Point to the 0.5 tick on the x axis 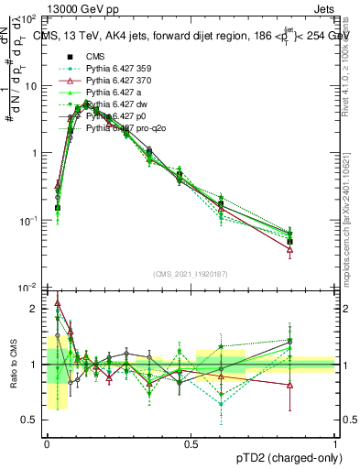[191, 443]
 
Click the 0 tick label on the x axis [46, 443]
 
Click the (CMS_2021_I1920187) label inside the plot [191, 274]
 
